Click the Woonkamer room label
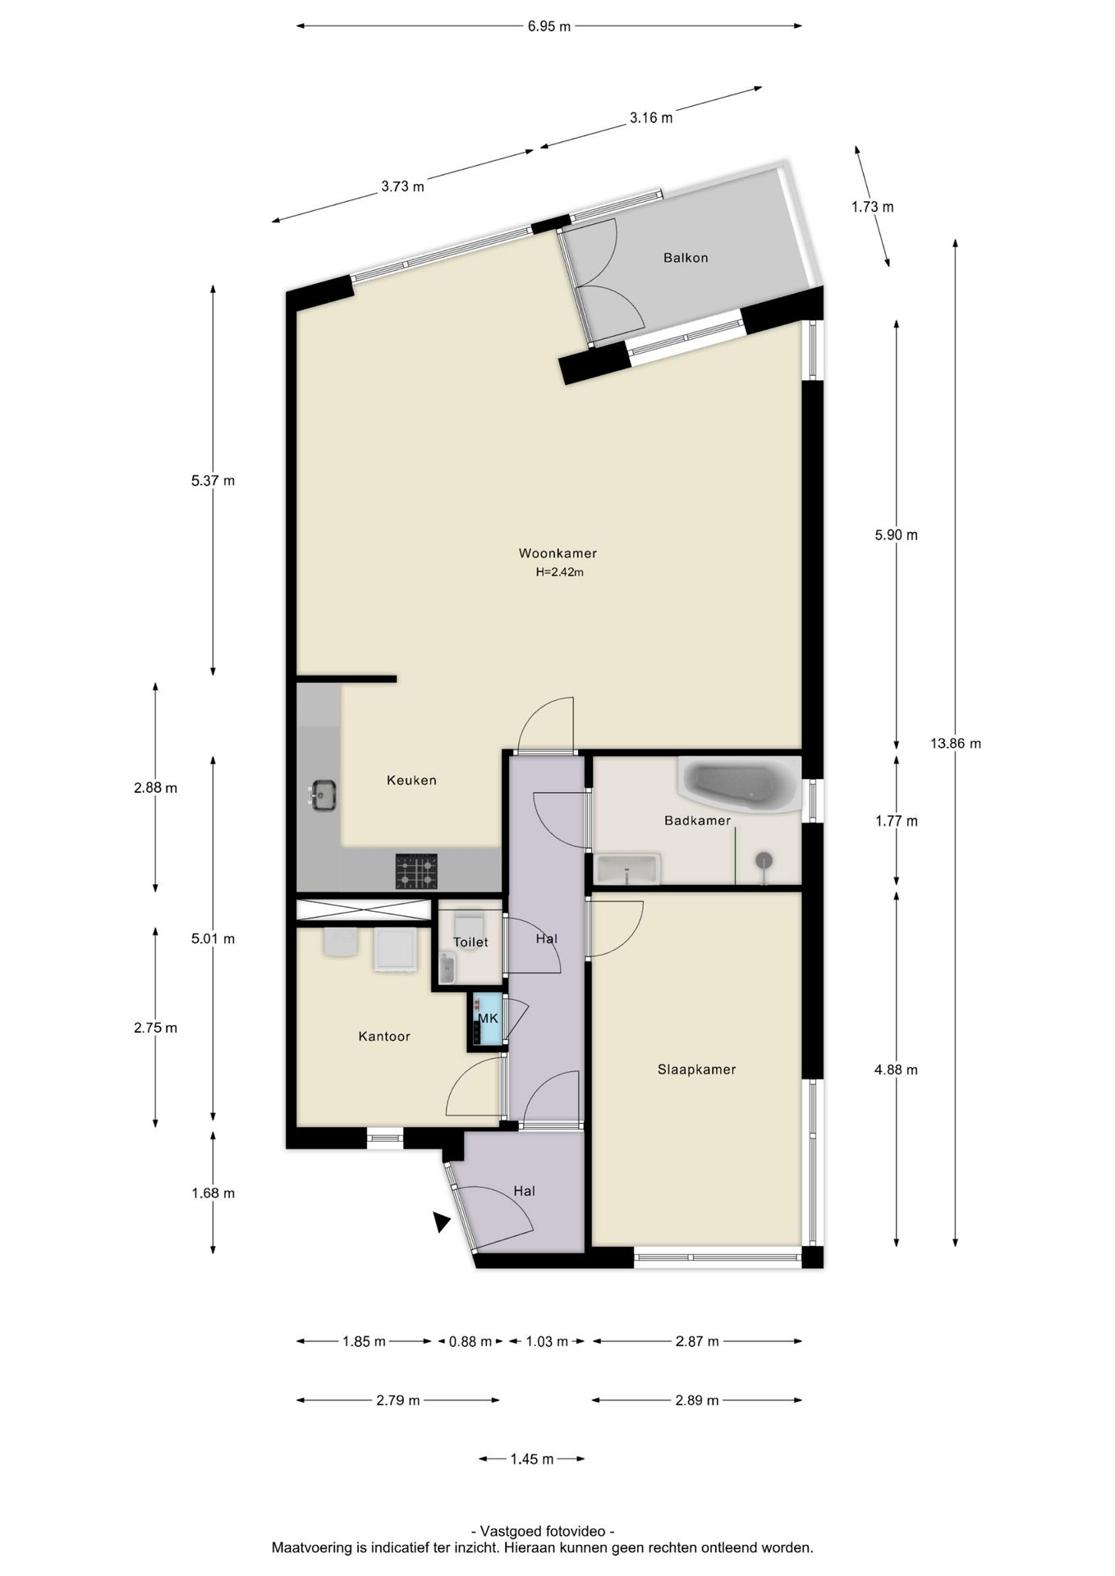point(557,553)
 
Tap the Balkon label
point(686,258)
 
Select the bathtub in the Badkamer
point(739,785)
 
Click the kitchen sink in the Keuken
point(323,794)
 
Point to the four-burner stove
point(416,871)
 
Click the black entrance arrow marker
point(441,1221)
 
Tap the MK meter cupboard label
point(489,1019)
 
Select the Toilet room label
point(470,942)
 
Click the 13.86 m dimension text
point(956,744)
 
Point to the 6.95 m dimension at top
point(549,26)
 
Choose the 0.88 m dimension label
point(470,1341)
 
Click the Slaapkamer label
point(696,1070)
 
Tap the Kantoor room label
point(384,1037)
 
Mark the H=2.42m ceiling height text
point(559,572)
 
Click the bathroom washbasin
point(628,869)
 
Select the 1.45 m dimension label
point(532,1459)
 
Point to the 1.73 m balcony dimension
point(872,207)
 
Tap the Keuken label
point(411,780)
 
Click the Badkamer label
point(697,820)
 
